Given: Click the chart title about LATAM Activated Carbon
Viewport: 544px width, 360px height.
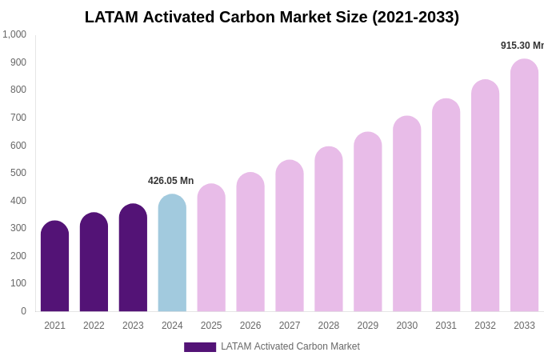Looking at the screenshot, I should coord(272,17).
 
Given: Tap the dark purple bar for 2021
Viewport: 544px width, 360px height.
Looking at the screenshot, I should coord(54,266).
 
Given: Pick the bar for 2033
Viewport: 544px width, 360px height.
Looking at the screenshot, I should coord(524,186).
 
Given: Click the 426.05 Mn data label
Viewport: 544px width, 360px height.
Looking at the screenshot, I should coord(170,181).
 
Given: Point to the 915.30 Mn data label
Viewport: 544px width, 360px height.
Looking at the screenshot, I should coord(522,46).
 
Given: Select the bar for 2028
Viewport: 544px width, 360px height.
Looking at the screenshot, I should coord(329,230).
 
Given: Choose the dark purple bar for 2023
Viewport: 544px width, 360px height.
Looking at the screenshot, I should coord(133,258).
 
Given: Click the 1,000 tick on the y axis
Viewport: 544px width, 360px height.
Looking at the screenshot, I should coord(14,34).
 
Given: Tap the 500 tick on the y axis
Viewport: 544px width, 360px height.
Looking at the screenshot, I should coord(18,173).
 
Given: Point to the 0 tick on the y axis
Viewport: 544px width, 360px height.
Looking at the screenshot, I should coord(23,311).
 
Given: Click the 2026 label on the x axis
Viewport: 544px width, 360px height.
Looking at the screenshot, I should coord(250,326).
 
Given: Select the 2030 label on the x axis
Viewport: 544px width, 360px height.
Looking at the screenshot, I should coord(407,326).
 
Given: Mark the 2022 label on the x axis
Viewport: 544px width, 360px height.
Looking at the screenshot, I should coord(94,326).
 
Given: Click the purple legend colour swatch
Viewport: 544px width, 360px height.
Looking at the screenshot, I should coord(200,347).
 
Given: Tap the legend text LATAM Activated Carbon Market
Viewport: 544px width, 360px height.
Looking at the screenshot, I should coord(290,346).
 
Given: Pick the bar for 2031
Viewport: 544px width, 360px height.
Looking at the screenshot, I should coord(446,206).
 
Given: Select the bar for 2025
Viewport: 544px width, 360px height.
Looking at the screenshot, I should coord(211,248).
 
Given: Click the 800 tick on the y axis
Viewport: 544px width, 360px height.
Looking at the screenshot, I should coord(18,90).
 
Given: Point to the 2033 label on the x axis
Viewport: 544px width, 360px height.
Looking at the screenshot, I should coord(524,326).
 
